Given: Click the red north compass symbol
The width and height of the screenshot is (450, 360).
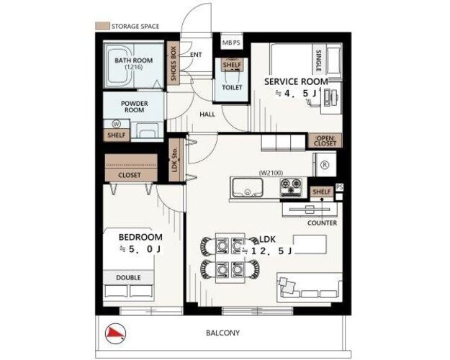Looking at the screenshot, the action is click(x=116, y=333).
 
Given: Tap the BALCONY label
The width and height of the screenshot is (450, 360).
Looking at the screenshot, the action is click(x=222, y=333).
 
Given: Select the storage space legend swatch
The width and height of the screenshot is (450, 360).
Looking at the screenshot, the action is click(x=102, y=26).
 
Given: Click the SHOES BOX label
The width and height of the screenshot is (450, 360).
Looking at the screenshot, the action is click(x=173, y=64).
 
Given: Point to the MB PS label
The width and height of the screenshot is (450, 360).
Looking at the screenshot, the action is click(x=231, y=42).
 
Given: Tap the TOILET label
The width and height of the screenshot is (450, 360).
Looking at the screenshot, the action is click(x=232, y=87).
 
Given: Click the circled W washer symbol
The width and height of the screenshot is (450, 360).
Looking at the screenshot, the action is click(x=116, y=124).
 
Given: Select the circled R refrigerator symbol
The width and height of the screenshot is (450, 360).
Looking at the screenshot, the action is click(x=325, y=165).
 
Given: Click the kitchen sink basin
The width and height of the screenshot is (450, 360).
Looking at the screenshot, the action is click(x=248, y=187).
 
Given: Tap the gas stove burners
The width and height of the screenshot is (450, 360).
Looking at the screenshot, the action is click(x=291, y=187).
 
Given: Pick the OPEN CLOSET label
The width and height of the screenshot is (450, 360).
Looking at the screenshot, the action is click(x=325, y=140).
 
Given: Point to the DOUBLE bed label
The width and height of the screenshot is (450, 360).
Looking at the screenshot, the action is click(x=128, y=278).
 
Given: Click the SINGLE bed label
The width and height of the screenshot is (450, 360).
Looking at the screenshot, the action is click(x=318, y=60).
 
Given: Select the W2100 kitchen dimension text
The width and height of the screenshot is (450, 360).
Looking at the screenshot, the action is click(x=271, y=173).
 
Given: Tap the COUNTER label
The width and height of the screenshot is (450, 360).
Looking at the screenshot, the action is click(x=322, y=223).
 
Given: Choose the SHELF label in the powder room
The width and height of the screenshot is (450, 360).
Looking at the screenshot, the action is click(x=116, y=135).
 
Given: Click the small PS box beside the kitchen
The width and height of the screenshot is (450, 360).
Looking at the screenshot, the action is click(x=339, y=187).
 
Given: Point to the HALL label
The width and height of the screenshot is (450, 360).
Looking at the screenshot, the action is click(x=207, y=114).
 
